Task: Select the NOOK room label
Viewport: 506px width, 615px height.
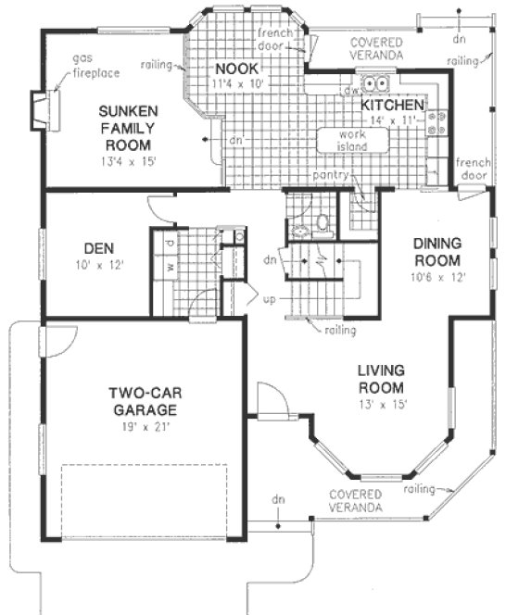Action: (234, 69)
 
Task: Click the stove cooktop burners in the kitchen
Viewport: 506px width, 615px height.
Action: (436, 124)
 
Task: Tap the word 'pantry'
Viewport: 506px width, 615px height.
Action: (330, 174)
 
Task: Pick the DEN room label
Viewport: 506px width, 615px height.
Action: (99, 247)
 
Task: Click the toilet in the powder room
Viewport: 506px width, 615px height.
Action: (322, 223)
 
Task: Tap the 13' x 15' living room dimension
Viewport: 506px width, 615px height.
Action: (382, 404)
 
